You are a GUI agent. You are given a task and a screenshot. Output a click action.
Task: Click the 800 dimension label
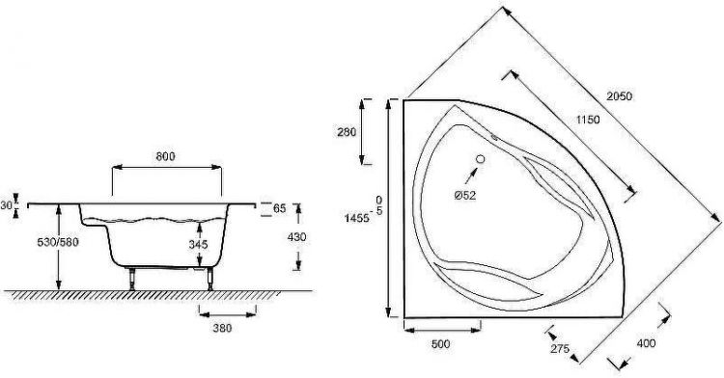pyautogui.click(x=165, y=157)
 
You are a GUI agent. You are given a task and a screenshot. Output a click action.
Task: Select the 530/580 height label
pyautogui.click(x=58, y=242)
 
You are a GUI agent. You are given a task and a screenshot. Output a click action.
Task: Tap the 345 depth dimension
pyautogui.click(x=198, y=245)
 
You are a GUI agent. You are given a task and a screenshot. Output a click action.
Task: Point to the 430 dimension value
pyautogui.click(x=296, y=237)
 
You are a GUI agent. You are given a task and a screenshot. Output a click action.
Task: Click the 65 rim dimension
pyautogui.click(x=279, y=208)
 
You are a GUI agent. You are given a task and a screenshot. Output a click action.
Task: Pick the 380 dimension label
pyautogui.click(x=222, y=328)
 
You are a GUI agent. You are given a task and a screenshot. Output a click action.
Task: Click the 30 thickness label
pyautogui.click(x=6, y=205)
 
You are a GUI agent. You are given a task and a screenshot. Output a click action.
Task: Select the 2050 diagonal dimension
pyautogui.click(x=619, y=96)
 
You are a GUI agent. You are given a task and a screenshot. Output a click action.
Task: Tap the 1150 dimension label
pyautogui.click(x=588, y=120)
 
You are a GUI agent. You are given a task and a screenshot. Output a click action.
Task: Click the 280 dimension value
pyautogui.click(x=347, y=132)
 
